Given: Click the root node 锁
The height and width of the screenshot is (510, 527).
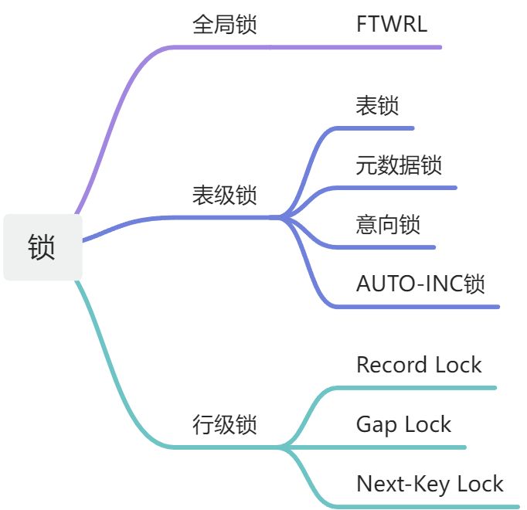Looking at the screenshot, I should pyautogui.click(x=42, y=247).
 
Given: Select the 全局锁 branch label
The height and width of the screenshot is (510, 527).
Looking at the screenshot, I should pyautogui.click(x=224, y=24).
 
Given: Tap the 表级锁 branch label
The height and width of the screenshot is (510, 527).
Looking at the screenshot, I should pyautogui.click(x=224, y=195).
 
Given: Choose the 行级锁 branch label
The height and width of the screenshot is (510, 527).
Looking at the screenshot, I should pyautogui.click(x=224, y=424).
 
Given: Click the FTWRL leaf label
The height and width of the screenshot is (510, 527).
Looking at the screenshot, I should pyautogui.click(x=391, y=24).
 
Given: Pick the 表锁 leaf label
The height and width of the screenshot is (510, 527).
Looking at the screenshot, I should pyautogui.click(x=377, y=106).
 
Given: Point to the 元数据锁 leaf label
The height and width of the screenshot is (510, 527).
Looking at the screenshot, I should pyautogui.click(x=399, y=165).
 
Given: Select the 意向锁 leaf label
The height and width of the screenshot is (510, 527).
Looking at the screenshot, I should pyautogui.click(x=388, y=224).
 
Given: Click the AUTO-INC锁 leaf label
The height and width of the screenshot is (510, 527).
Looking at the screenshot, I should pyautogui.click(x=420, y=284).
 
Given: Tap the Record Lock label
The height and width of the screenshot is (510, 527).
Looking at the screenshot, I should pyautogui.click(x=419, y=365).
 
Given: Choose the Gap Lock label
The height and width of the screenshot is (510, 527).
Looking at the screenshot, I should pyautogui.click(x=403, y=424).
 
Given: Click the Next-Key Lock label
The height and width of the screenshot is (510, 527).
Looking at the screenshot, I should pyautogui.click(x=430, y=484).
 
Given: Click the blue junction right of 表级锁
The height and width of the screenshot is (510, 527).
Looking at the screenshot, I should pyautogui.click(x=281, y=218).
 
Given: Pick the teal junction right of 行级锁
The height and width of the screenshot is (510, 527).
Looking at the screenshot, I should pyautogui.click(x=281, y=447).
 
